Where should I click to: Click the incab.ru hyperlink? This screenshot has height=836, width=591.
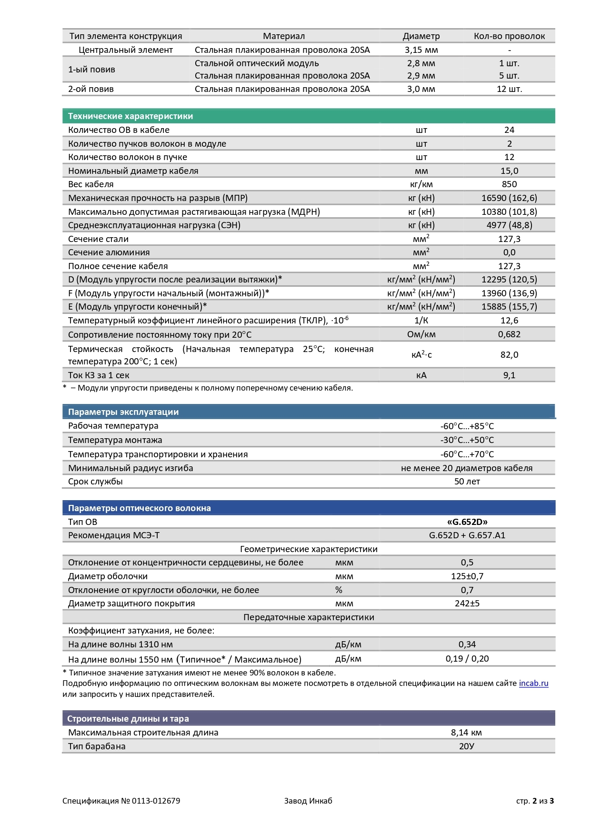point(533,683)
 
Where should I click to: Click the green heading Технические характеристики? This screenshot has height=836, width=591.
point(130,116)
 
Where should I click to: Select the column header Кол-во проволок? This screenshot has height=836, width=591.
point(509,36)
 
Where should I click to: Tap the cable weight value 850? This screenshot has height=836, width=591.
point(509,184)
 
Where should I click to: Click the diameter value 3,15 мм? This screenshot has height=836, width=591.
point(421,50)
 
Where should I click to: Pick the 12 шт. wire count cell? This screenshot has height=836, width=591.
point(509,89)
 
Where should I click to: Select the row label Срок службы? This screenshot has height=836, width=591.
point(95,482)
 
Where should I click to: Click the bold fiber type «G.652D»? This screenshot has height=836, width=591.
point(467,522)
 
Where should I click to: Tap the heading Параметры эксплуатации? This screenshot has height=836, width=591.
point(123,412)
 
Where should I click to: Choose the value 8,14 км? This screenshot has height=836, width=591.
point(466,733)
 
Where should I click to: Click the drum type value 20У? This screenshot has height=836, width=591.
point(466,746)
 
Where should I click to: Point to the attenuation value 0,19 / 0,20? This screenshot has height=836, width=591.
point(467,659)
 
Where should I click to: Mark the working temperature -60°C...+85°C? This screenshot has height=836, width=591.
point(467,426)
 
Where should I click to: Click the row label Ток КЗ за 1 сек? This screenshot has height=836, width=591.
point(99,375)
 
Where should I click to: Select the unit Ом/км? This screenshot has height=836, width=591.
point(421,334)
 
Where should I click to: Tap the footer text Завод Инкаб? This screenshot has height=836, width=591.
point(308,801)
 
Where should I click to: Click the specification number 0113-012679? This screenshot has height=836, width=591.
point(156,801)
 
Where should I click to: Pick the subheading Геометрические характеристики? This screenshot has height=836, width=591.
point(309,549)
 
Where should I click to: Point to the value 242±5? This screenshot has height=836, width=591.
point(467,604)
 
